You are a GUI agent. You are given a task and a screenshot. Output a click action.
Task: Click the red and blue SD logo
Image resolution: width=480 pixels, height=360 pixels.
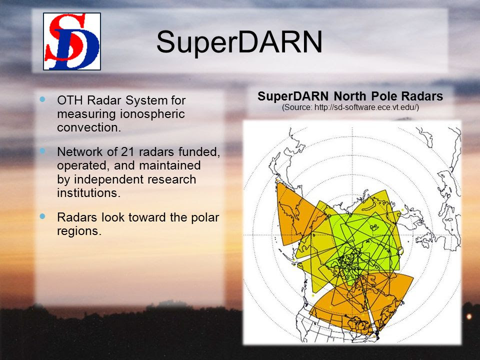point(72,41)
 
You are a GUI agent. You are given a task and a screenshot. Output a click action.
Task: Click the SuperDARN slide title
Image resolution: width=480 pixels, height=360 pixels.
point(239,42)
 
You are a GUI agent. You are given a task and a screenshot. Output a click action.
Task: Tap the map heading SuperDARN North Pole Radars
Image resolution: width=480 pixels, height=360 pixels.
point(350,96)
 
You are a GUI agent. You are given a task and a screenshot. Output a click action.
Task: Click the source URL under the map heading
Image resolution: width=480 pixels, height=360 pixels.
point(350,107)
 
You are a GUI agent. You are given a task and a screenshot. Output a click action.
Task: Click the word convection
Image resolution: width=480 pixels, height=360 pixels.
point(89,127)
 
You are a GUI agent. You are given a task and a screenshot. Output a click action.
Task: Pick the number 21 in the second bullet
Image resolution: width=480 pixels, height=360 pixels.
point(129,151)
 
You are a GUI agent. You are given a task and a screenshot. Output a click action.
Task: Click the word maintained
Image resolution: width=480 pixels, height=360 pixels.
point(169,165)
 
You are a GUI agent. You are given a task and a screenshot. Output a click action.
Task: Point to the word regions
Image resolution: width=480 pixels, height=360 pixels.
point(79,231)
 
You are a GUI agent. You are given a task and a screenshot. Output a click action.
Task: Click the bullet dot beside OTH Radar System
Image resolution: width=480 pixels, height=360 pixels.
point(42,99)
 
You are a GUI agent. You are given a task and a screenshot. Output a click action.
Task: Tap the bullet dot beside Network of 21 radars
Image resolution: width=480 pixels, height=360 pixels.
point(42,150)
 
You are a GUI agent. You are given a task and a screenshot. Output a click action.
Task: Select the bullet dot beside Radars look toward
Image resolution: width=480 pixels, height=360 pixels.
point(42,216)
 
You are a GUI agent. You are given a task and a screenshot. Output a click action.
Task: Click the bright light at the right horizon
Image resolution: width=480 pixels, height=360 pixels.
point(469,316)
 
